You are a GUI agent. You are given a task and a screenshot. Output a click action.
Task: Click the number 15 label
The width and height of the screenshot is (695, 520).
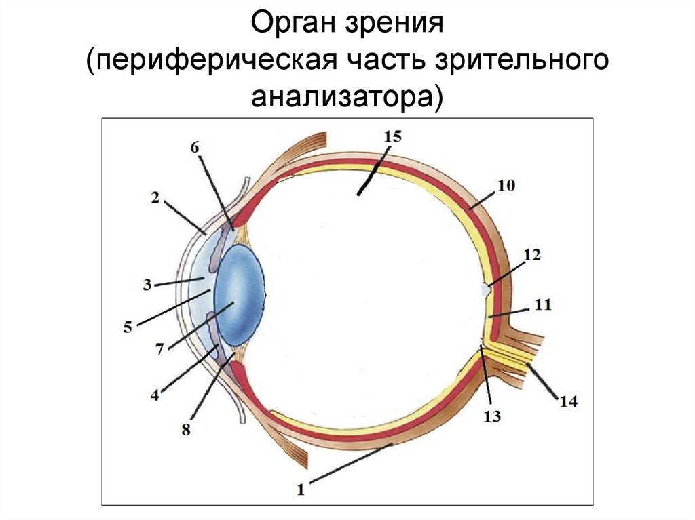point(392,136)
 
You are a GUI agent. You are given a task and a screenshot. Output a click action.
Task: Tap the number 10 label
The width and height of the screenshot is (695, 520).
point(506,184)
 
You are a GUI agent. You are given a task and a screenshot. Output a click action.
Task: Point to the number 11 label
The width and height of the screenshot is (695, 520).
point(542,305)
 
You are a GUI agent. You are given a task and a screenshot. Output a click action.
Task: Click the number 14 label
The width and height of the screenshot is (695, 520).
point(568,401)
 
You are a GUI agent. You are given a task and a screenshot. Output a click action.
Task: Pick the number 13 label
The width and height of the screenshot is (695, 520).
point(492,416)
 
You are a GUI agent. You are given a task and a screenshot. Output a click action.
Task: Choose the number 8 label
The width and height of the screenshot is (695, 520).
point(186,429)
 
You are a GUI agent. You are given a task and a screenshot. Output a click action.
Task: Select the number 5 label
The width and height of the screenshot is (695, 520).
point(127,327)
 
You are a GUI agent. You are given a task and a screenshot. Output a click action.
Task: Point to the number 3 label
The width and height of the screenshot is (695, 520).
point(147,285)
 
